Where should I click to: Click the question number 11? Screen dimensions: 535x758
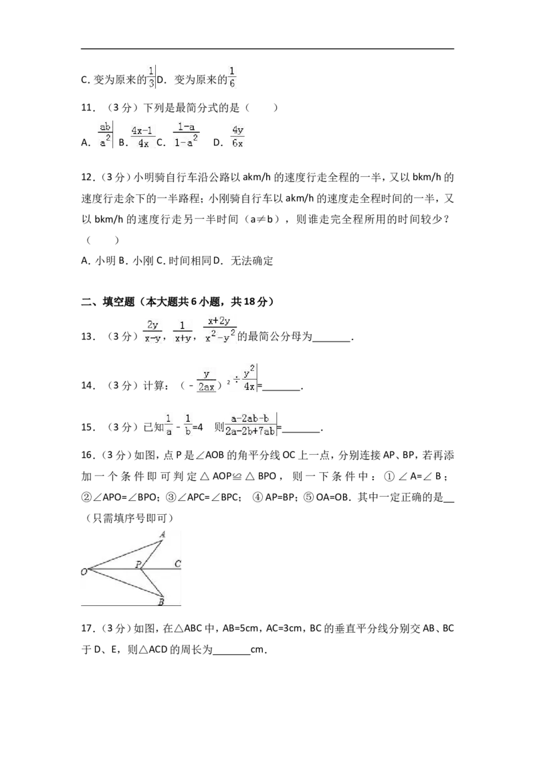[88, 108]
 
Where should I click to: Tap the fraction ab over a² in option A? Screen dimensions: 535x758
[105, 135]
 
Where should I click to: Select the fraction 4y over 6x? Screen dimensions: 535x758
[237, 137]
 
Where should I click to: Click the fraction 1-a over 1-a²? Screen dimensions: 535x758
[186, 135]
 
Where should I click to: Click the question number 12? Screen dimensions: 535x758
[88, 177]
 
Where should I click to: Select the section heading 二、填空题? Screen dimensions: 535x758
[108, 302]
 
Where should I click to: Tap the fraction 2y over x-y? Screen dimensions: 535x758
[152, 331]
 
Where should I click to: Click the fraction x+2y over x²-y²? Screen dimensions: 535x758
[220, 329]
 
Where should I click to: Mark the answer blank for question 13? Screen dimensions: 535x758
[332, 341]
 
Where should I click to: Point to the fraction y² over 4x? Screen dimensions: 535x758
[249, 378]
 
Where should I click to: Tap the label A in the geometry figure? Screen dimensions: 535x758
[163, 534]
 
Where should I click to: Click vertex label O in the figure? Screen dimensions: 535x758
[84, 572]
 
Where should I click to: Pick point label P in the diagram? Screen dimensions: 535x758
[138, 564]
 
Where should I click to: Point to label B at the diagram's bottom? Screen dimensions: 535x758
[161, 602]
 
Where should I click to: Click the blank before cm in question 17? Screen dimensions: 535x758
[231, 654]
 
